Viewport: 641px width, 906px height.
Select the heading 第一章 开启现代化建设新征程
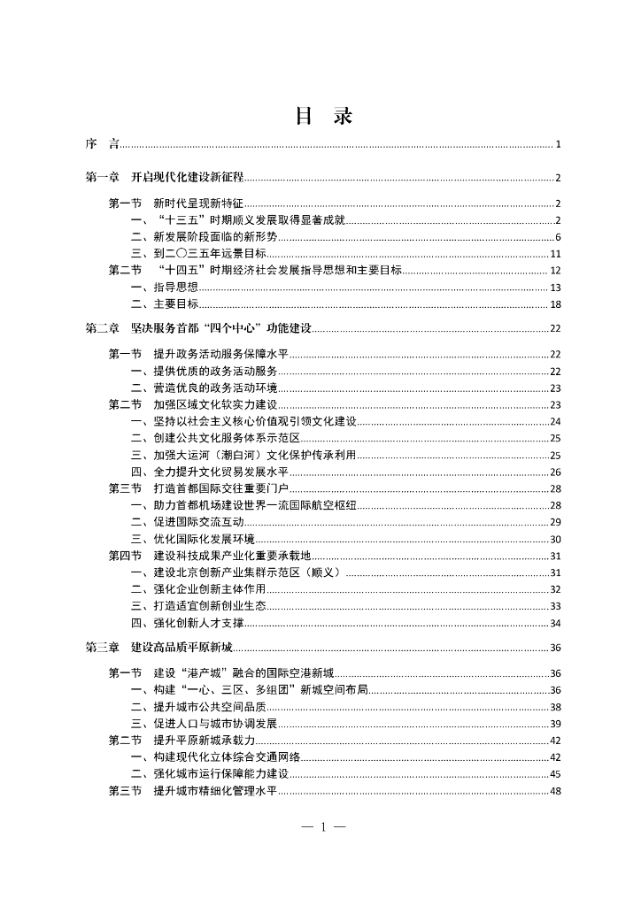pyautogui.click(x=164, y=178)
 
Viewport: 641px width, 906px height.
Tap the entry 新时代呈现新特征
pyautogui.click(x=198, y=203)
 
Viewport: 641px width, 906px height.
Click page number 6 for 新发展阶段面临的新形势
pyautogui.click(x=558, y=237)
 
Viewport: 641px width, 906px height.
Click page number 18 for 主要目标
pyautogui.click(x=555, y=304)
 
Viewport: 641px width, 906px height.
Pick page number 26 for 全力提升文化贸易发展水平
pyautogui.click(x=555, y=472)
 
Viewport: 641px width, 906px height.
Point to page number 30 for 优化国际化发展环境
pyautogui.click(x=555, y=539)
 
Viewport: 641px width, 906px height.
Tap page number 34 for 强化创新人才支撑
pyautogui.click(x=555, y=623)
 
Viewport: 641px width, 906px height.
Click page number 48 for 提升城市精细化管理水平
pyautogui.click(x=555, y=791)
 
